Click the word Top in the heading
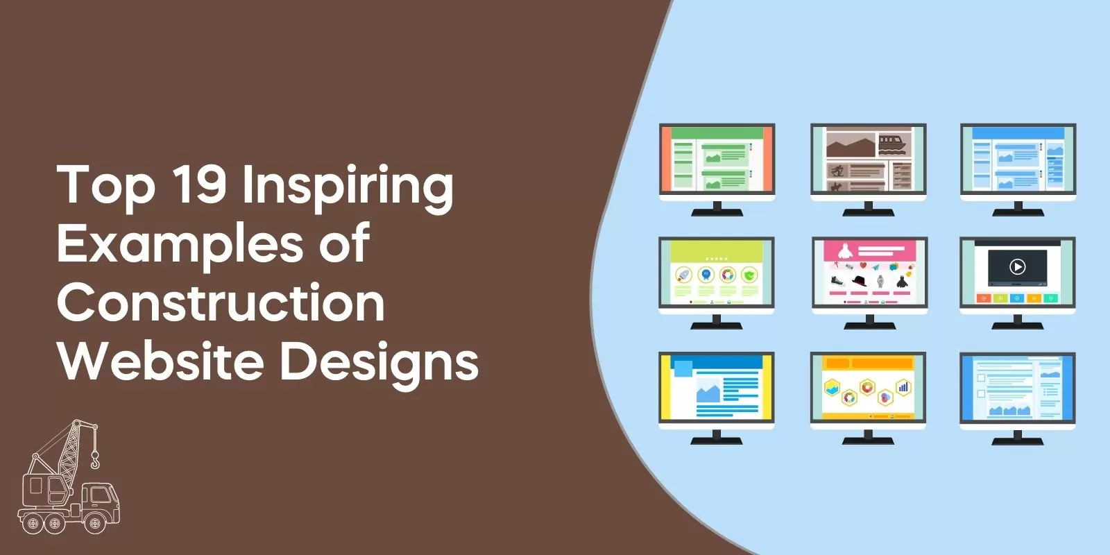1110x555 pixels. pos(105,185)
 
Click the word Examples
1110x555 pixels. pos(180,245)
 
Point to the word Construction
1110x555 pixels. pos(221,302)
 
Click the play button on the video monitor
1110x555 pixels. pos(1017,266)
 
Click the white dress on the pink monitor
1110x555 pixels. pos(844,251)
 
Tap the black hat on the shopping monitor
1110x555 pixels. pos(860,280)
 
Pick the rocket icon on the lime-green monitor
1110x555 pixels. pos(683,275)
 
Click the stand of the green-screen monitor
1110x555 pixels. pos(717,209)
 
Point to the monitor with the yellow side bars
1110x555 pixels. pos(717,388)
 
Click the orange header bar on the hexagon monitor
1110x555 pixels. pos(868,364)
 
